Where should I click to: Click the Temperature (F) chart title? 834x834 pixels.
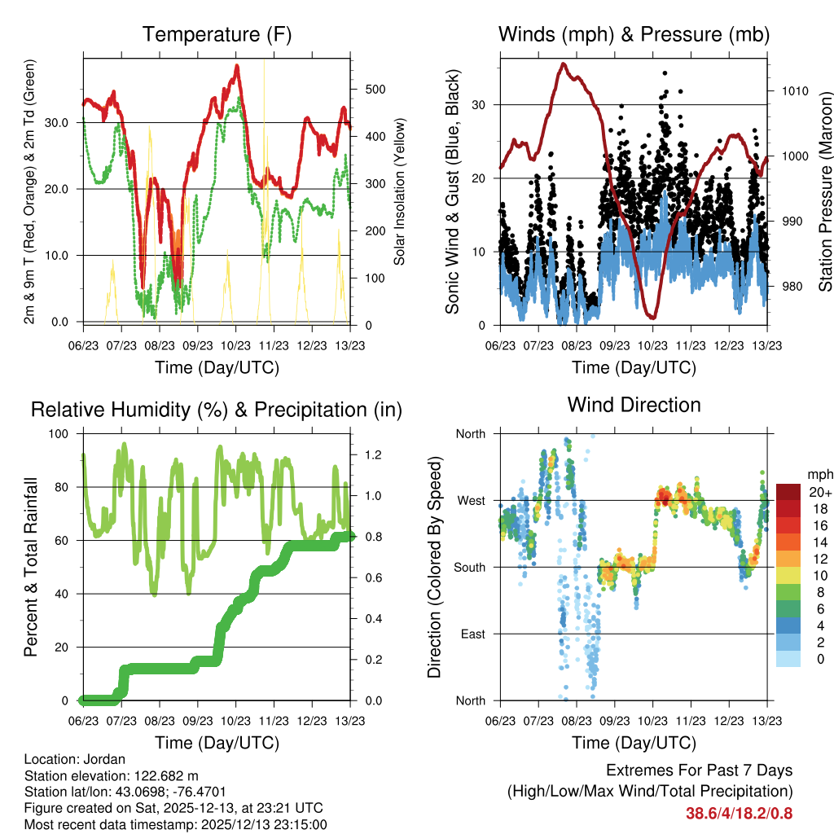[x=216, y=34]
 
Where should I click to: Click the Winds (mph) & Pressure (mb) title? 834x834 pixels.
[x=634, y=34]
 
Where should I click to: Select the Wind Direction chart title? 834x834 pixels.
[x=634, y=404]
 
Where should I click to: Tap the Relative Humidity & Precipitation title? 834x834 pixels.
[x=216, y=410]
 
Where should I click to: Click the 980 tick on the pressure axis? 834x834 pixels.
[x=787, y=287]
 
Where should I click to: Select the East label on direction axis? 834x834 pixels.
[x=472, y=634]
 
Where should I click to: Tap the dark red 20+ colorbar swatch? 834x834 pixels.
[x=788, y=493]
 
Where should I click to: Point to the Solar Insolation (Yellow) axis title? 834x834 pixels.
[x=400, y=192]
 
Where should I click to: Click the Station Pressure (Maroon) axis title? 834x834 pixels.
[x=825, y=191]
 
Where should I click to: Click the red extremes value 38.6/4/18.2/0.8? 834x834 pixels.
[x=739, y=813]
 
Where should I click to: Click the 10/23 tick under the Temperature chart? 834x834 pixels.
[x=235, y=334]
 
